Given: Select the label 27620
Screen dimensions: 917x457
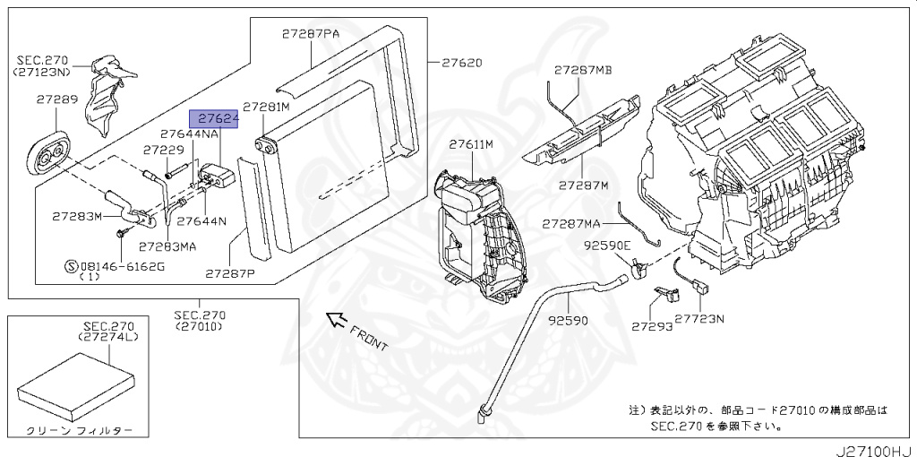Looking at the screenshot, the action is pos(462,63).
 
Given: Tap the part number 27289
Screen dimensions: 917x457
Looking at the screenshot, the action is pos(56,99).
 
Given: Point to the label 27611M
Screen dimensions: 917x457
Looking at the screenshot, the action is pos(471,144).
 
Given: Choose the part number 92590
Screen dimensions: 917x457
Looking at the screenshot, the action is pos(568,321).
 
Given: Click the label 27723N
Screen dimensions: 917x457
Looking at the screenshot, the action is pos(699,319).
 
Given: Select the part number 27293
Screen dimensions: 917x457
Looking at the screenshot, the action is pos(652,326).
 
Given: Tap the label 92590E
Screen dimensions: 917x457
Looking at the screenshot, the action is pos(606,246).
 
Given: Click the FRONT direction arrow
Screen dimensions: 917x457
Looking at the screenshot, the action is pos(336,320).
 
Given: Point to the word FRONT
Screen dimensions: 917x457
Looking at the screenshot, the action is pos(369,338).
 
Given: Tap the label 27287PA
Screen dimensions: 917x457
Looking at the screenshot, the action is pos(311,34).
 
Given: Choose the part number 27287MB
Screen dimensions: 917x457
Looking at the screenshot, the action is pos(582,70).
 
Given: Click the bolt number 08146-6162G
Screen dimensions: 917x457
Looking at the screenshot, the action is pos(122,267).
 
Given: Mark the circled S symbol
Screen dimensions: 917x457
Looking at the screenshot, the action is pos(70,267).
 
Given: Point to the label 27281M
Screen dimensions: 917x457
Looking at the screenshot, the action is pos(266,107).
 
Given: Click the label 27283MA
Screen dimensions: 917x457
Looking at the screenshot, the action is pos(167,247).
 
